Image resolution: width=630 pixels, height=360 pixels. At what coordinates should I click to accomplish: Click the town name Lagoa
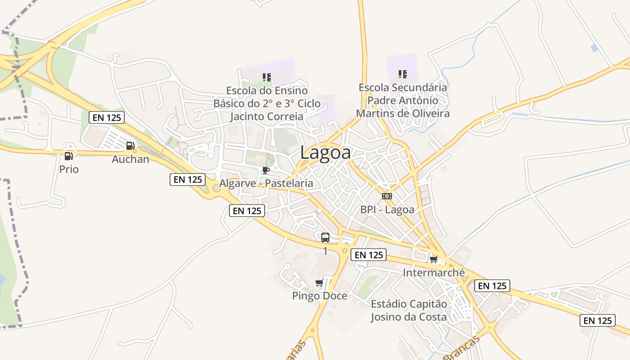coord(325,153)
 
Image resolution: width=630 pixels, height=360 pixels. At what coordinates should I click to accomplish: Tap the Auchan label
coord(130,159)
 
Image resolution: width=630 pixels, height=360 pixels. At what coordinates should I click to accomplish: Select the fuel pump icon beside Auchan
coord(130,145)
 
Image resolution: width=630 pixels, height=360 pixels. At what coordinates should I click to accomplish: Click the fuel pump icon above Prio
coord(68,156)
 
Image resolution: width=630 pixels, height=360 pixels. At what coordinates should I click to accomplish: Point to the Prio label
coord(69,169)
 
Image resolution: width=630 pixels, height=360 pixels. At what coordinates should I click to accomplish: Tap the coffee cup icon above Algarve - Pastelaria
coord(265,170)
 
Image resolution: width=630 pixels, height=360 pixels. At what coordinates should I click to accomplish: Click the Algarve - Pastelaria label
coord(266,183)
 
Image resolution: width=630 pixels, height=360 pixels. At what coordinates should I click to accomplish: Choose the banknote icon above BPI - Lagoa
coord(387,196)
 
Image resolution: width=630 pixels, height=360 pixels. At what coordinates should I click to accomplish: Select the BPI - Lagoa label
coord(387,209)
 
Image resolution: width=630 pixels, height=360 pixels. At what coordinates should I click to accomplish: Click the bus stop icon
coord(325,237)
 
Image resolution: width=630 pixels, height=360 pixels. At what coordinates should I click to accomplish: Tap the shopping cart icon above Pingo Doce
coord(319,283)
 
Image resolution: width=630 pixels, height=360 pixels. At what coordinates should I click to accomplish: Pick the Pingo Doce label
coord(319,296)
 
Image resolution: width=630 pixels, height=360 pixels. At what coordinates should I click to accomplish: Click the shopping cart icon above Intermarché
coord(434,260)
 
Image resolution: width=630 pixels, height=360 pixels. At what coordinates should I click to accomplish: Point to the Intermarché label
coord(434,272)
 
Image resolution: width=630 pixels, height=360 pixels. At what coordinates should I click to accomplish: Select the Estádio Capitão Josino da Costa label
coord(409,310)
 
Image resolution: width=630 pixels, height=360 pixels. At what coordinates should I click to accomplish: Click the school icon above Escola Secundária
coord(403,74)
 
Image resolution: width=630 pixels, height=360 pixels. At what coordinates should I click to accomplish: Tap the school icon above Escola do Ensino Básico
coord(267,77)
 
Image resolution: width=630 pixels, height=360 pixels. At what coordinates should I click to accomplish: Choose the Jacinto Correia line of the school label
coord(267,117)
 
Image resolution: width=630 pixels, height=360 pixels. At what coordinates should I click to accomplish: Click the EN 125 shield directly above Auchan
coord(107,118)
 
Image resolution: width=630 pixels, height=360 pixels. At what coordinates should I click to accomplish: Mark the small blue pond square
coord(594,48)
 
